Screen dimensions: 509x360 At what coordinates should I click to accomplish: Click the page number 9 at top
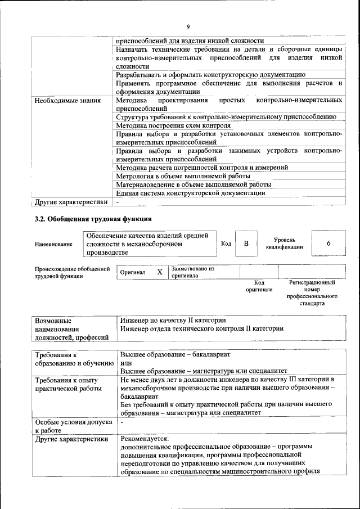point(188,26)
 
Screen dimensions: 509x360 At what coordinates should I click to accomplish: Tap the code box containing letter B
point(246,244)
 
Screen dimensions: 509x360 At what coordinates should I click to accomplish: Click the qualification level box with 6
point(328,244)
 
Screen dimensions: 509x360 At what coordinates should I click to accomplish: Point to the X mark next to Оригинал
point(160,272)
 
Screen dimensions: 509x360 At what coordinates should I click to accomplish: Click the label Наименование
point(53,244)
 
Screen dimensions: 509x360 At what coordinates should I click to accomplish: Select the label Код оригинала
point(259,286)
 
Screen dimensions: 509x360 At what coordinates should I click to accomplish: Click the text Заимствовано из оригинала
point(193,272)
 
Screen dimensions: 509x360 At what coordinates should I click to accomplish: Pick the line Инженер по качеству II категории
point(173,319)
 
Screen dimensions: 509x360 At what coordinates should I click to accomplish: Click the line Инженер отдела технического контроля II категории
point(201,328)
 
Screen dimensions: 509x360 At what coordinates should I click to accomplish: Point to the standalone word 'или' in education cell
point(126,363)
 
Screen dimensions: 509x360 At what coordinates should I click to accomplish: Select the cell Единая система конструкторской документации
point(190,193)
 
